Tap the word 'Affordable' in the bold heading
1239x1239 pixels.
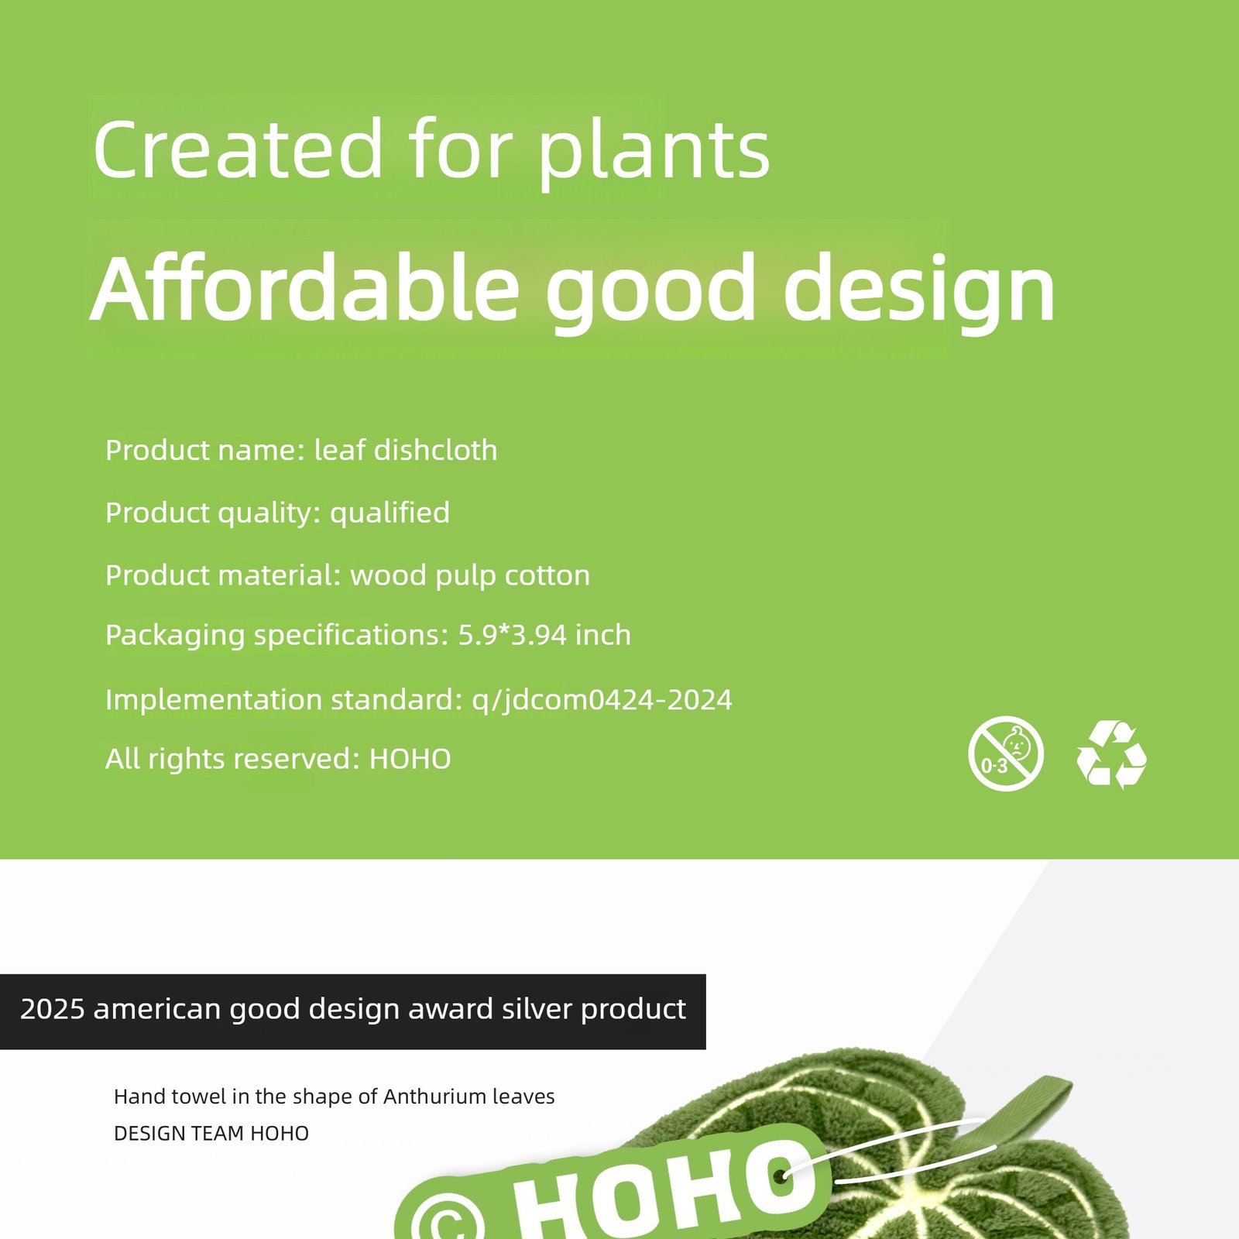tap(304, 287)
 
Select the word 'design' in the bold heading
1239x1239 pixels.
tap(919, 292)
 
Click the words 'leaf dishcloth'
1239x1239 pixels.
tap(406, 450)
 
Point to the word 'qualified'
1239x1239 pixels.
tap(390, 513)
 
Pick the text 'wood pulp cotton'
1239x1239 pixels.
tap(470, 576)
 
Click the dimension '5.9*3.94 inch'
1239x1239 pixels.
tap(544, 635)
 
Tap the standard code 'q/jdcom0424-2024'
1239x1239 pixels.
tap(602, 700)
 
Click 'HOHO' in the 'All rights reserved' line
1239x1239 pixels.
tap(410, 760)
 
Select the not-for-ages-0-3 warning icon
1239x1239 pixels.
tap(1006, 753)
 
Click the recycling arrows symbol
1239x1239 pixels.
tap(1112, 754)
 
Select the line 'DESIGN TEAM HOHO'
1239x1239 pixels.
tap(211, 1134)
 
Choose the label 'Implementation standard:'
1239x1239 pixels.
tap(284, 700)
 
